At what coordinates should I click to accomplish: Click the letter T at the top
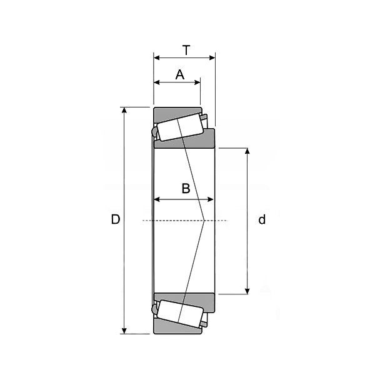pos(186,49)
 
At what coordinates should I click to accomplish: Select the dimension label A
pos(180,75)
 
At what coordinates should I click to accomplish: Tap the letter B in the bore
pos(186,188)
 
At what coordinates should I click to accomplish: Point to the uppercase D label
pos(116,219)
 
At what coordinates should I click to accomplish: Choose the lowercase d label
pos(262,219)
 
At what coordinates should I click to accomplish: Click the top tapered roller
pos(179,129)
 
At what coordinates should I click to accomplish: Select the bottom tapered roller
pos(179,311)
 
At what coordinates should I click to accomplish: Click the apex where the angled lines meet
pos(204,221)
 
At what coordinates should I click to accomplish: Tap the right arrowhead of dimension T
pos(212,57)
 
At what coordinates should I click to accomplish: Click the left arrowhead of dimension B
pos(157,200)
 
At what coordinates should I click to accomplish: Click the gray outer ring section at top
pos(169,113)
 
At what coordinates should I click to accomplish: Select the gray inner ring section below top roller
pos(187,143)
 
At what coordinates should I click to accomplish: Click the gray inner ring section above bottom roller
pos(187,297)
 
